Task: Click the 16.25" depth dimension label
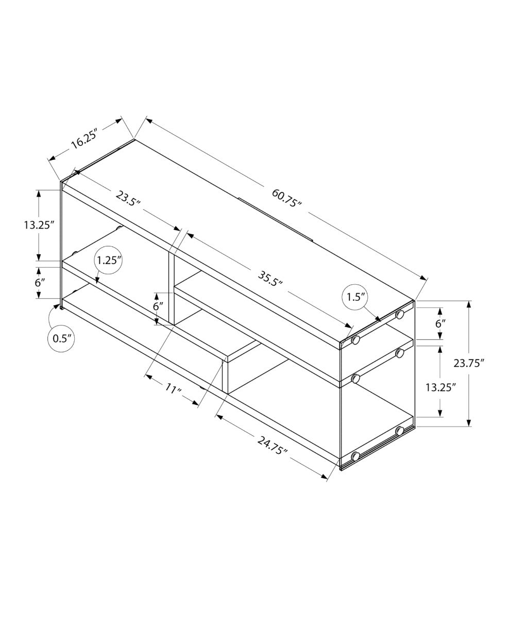coord(84,140)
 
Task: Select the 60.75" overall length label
coord(286,198)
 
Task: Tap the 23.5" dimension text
coord(128,199)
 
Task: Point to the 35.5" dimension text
coord(270,279)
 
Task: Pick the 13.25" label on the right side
coord(440,387)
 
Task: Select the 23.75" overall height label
coord(468,363)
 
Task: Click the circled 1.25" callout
coord(109,260)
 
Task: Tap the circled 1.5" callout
coord(355,297)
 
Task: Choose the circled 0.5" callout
coord(62,338)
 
